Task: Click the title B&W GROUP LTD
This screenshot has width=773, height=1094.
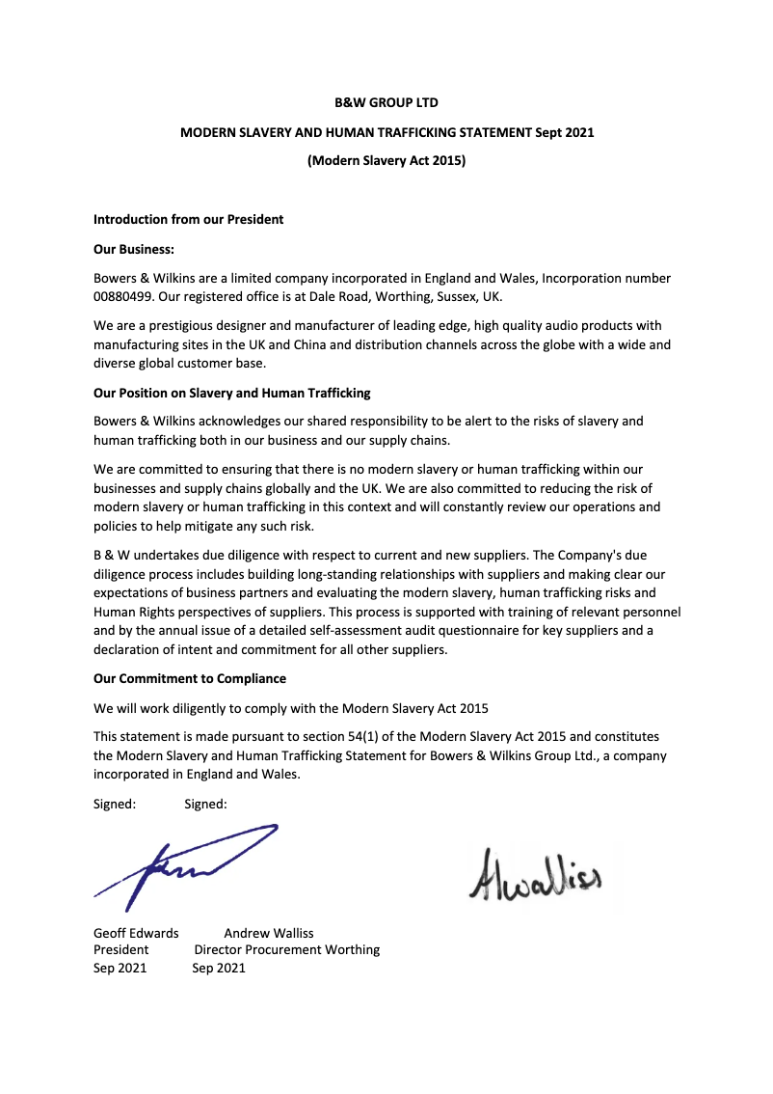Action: click(386, 102)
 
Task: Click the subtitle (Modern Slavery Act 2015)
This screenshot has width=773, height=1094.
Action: click(386, 161)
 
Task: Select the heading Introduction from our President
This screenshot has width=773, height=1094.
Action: click(188, 219)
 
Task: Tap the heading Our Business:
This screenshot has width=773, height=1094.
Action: click(133, 249)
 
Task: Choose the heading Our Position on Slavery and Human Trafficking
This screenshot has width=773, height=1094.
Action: click(231, 393)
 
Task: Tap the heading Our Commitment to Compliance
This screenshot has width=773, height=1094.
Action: click(189, 678)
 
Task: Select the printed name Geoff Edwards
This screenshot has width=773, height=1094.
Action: click(136, 933)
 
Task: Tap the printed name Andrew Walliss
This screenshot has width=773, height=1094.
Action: click(269, 933)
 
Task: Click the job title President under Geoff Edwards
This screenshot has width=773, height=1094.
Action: click(120, 949)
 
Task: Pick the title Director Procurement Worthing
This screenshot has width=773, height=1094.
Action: click(287, 949)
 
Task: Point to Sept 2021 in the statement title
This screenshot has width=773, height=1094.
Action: click(565, 132)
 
